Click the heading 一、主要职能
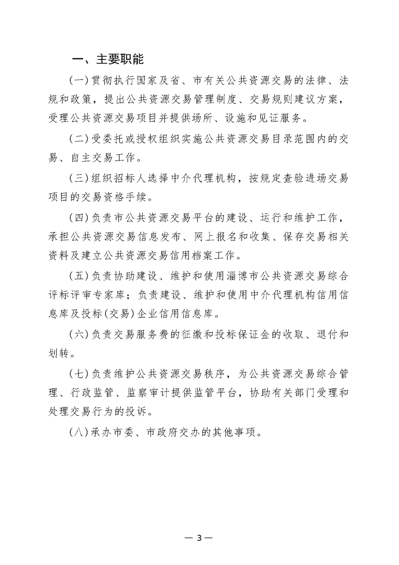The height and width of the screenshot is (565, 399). click(108, 60)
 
